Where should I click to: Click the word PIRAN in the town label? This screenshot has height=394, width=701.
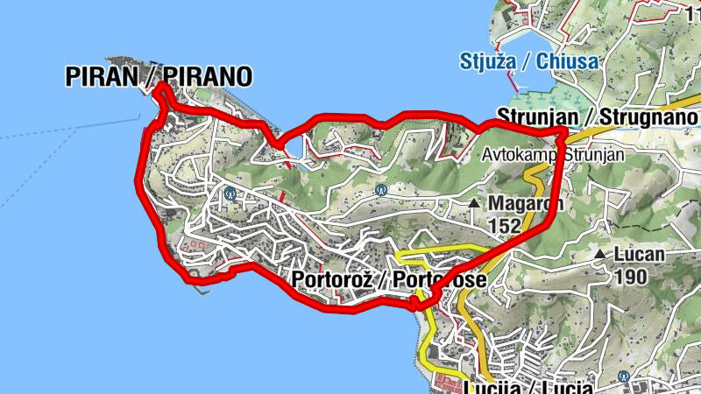(102, 77)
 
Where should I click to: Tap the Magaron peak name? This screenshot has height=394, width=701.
(526, 204)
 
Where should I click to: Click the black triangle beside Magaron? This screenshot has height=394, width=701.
(474, 203)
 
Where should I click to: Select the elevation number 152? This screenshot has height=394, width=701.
(504, 225)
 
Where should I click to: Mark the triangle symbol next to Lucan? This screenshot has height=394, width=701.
(599, 254)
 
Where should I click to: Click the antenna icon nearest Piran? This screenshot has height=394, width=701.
(230, 192)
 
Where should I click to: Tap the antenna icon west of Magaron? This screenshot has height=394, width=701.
(380, 188)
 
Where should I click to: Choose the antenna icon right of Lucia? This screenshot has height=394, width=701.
(623, 377)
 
